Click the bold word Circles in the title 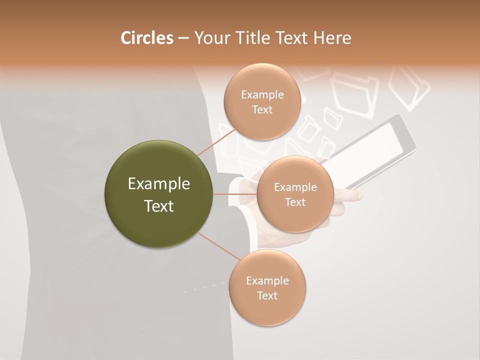(146, 38)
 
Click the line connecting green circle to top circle (216, 141)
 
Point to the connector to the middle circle (235, 194)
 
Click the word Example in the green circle (159, 184)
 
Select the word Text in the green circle (159, 206)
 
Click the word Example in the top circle (262, 95)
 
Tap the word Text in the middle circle (295, 202)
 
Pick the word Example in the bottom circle (267, 281)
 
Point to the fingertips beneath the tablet (350, 196)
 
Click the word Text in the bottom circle (267, 296)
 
